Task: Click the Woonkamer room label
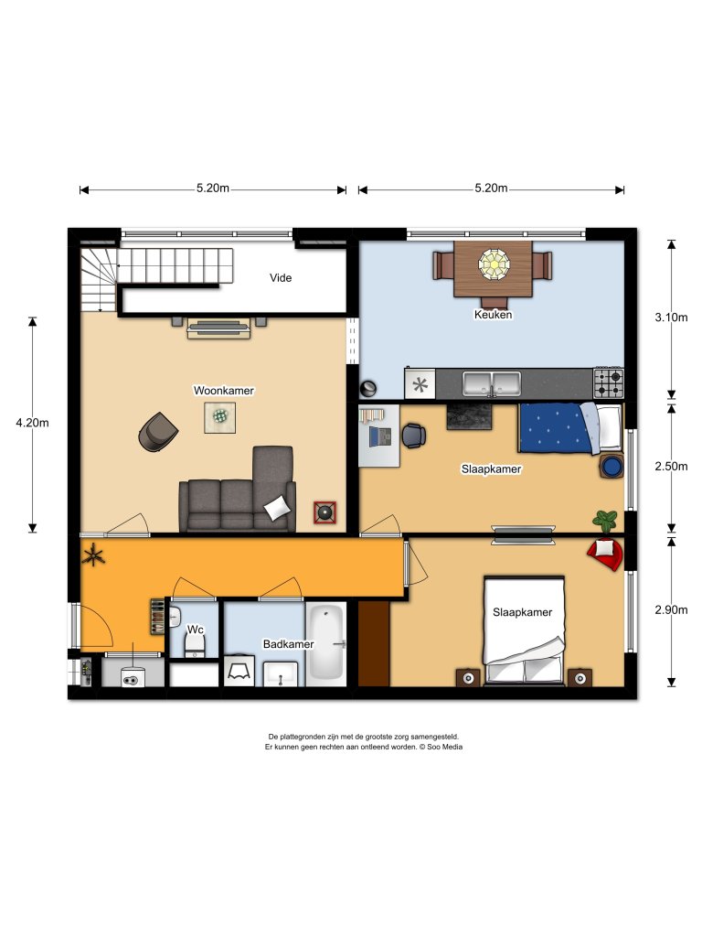point(223,391)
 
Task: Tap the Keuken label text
point(493,315)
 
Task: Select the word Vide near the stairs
point(281,278)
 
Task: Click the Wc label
point(195,630)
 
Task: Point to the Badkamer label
point(288,644)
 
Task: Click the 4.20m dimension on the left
point(32,423)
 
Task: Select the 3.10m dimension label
point(671,318)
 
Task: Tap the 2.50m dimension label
point(671,466)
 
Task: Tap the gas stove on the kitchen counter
point(609,377)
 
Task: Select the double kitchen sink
point(492,382)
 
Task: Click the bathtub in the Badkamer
point(325,643)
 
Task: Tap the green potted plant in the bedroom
point(605,521)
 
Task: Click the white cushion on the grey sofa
point(277,506)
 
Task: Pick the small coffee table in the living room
point(219,416)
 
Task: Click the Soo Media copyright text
point(364,747)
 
